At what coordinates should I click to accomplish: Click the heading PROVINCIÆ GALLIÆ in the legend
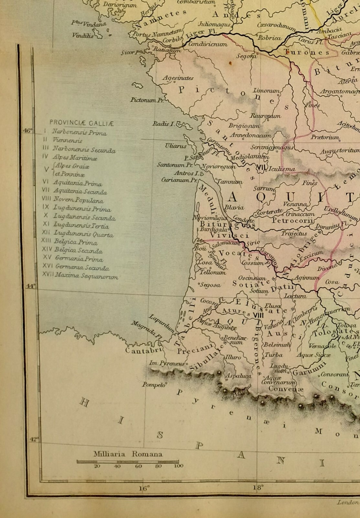pyautogui.click(x=82, y=123)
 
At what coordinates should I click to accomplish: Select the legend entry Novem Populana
pyautogui.click(x=78, y=200)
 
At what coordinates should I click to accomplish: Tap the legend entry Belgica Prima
pyautogui.click(x=75, y=242)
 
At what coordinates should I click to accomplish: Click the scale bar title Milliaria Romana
pyautogui.click(x=128, y=454)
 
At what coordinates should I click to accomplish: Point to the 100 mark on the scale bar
pyautogui.click(x=178, y=466)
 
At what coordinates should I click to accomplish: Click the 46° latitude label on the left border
pyautogui.click(x=28, y=130)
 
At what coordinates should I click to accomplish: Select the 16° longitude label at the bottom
pyautogui.click(x=144, y=488)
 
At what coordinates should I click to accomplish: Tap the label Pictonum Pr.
pyautogui.click(x=147, y=100)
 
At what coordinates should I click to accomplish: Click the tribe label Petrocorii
pyautogui.click(x=293, y=221)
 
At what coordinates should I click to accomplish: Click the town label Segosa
pyautogui.click(x=210, y=285)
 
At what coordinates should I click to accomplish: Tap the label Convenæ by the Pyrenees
pyautogui.click(x=285, y=389)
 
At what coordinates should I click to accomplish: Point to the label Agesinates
pyautogui.click(x=178, y=78)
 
